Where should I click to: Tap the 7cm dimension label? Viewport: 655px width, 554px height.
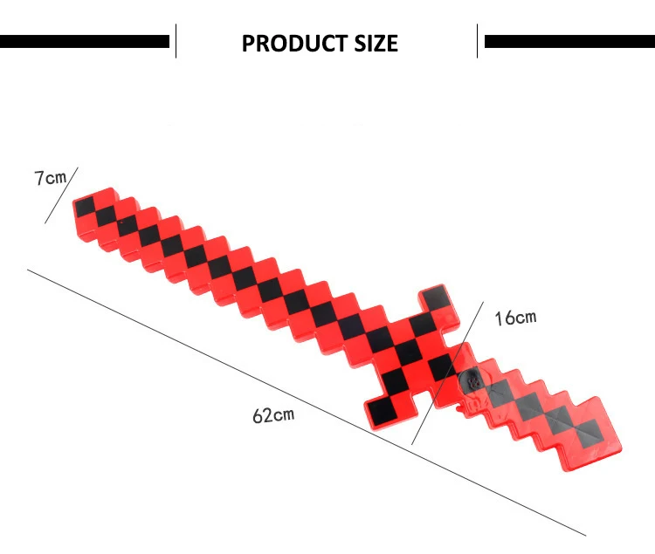[x=50, y=178]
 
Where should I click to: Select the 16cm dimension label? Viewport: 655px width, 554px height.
[x=515, y=318]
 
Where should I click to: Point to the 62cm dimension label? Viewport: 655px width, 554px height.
[x=273, y=414]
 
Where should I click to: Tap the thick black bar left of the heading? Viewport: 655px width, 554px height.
[x=85, y=41]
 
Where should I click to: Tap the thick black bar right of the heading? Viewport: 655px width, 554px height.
[x=569, y=41]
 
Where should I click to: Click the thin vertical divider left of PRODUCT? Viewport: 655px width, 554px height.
[x=176, y=41]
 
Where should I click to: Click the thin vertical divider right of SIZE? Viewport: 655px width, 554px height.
[x=478, y=41]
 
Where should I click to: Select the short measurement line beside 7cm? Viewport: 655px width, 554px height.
[x=61, y=195]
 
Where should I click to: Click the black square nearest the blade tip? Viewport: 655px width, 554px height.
[x=85, y=208]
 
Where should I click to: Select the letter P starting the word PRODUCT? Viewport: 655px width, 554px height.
[x=249, y=43]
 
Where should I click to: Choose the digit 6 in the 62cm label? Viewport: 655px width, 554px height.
[x=259, y=416]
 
